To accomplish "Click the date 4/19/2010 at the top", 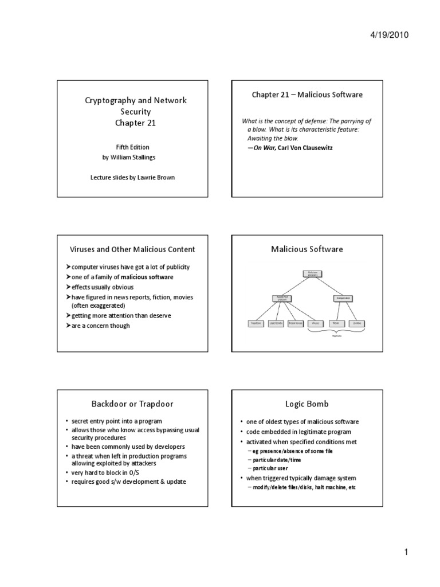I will point(390,35).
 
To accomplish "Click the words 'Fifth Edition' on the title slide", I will point(136,147).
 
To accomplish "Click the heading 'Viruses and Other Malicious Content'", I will point(132,249).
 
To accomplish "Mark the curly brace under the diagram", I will point(337,333).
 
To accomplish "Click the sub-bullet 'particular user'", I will point(271,468).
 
